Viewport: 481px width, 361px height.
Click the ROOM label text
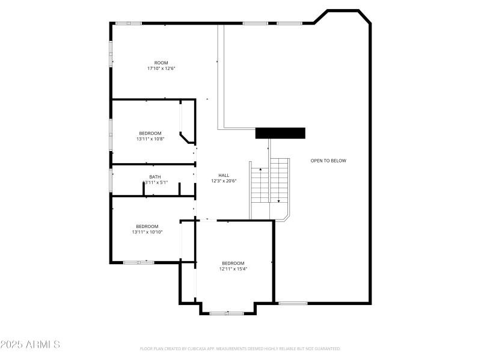161,63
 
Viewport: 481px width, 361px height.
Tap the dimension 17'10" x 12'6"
161,69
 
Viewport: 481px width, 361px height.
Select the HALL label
224,175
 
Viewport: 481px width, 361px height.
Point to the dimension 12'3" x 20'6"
224,180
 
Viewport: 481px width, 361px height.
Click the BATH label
155,177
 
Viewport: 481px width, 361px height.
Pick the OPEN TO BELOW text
328,161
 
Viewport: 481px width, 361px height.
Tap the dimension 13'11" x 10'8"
150,139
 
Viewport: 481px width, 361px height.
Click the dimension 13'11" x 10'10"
147,232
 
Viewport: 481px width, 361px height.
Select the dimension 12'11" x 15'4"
233,269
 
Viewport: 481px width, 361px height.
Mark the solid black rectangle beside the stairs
280,133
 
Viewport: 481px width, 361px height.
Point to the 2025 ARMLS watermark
30,345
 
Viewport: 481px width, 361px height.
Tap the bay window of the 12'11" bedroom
227,313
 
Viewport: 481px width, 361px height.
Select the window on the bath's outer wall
111,180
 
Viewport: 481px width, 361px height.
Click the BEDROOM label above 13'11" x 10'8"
150,134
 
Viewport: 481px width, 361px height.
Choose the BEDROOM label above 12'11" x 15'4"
233,263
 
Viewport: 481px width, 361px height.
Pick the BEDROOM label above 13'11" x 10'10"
147,226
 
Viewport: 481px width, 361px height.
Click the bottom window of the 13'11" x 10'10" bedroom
139,262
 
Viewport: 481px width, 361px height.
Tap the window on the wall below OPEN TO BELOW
293,303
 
